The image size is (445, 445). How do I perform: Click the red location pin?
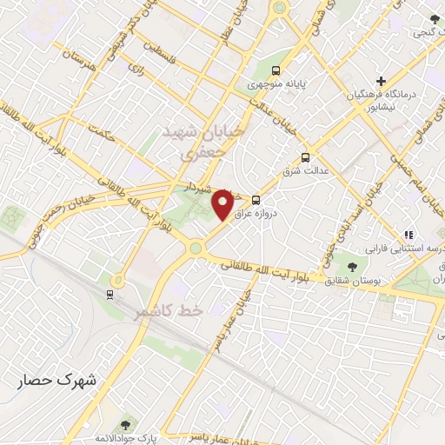pos(223,205)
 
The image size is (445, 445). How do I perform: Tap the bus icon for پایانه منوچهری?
pos(276,70)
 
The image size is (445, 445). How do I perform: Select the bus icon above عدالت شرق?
pos(305,157)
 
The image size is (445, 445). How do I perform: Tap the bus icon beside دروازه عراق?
pos(255,199)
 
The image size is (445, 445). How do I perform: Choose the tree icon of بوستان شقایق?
pos(352,266)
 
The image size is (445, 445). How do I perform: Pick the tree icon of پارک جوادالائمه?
pos(128,424)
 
